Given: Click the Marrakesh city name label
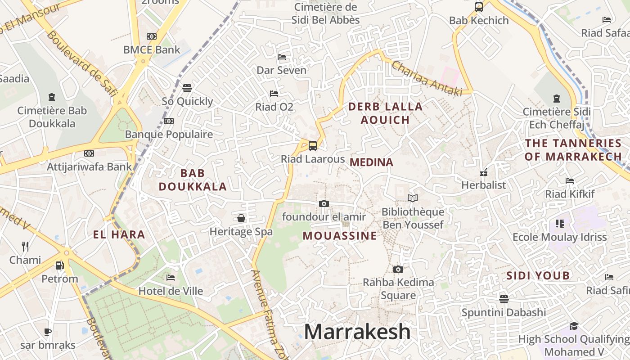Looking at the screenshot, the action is click(x=357, y=332).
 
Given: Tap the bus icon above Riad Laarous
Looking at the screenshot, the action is click(x=312, y=146).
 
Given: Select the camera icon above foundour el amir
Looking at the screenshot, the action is click(x=324, y=203).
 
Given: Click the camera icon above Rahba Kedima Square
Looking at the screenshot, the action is click(x=398, y=269).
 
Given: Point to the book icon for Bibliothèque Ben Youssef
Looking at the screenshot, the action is click(x=412, y=198).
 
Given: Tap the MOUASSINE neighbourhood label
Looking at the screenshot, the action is click(x=340, y=236).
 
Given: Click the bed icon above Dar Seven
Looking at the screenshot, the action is click(x=282, y=57).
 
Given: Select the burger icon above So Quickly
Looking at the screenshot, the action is click(x=187, y=88).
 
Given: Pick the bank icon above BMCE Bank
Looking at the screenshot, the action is click(x=152, y=36).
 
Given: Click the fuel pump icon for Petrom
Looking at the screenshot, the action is click(x=59, y=265).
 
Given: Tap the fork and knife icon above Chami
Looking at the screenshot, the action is click(x=25, y=246).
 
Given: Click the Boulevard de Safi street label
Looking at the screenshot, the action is click(x=81, y=63).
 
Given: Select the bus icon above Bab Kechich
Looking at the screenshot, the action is click(x=479, y=7).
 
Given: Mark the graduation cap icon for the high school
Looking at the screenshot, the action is click(x=574, y=326).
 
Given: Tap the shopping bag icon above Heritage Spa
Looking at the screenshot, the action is click(x=241, y=218).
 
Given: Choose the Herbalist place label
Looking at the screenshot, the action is click(x=484, y=185).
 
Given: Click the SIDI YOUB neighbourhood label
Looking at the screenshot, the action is click(x=538, y=275).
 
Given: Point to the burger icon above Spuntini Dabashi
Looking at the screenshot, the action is click(x=504, y=299).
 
